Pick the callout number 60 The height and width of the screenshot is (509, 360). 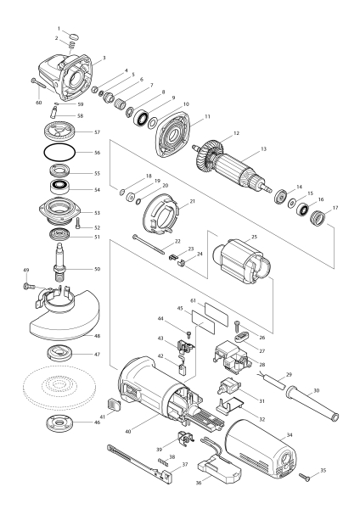(38, 101)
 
